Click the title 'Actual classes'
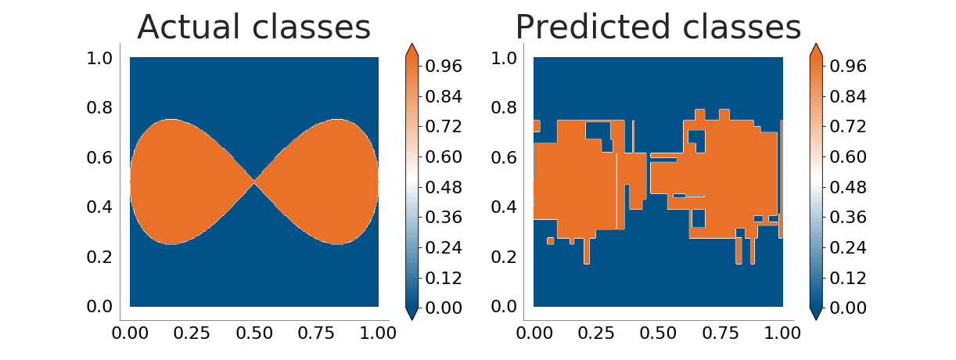pyautogui.click(x=254, y=27)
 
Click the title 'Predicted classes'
pyautogui.click(x=658, y=27)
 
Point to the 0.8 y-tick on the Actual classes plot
pyautogui.click(x=99, y=107)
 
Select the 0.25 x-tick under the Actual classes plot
pyautogui.click(x=192, y=333)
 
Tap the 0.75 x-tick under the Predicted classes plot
pyautogui.click(x=721, y=333)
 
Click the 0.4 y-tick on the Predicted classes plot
pyautogui.click(x=504, y=207)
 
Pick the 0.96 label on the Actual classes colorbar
pyautogui.click(x=444, y=66)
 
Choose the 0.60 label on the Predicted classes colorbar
pyautogui.click(x=848, y=157)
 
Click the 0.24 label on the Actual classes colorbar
pyautogui.click(x=444, y=247)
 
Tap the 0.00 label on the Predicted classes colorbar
pyautogui.click(x=848, y=308)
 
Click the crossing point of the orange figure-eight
pyautogui.click(x=254, y=182)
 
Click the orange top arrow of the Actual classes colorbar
pyautogui.click(x=412, y=50)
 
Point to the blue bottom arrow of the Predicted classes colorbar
pyautogui.click(x=816, y=313)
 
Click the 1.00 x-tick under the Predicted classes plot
pyautogui.click(x=782, y=333)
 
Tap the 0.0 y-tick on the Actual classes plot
pyautogui.click(x=99, y=306)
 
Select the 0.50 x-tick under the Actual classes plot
pyautogui.click(x=254, y=333)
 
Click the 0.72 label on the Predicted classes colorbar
pyautogui.click(x=848, y=127)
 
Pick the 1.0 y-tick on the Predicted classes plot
pyautogui.click(x=504, y=58)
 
